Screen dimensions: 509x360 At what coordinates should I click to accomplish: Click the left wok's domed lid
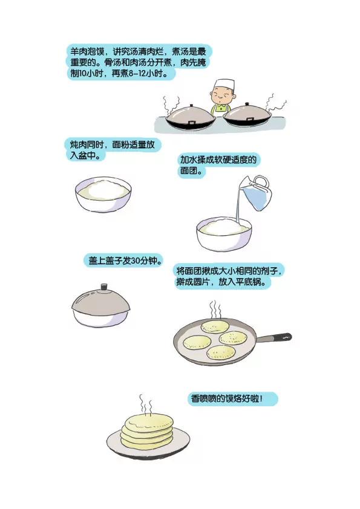pos(189,114)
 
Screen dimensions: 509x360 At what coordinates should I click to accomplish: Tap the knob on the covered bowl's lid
pos(103,286)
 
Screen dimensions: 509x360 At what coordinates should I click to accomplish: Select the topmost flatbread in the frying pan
pos(213,327)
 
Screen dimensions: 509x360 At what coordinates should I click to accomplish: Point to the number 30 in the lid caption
pos(134,262)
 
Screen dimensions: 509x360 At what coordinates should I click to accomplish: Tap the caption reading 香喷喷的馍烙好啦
pos(233,399)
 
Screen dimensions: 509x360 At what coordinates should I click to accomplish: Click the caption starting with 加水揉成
pos(218,165)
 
